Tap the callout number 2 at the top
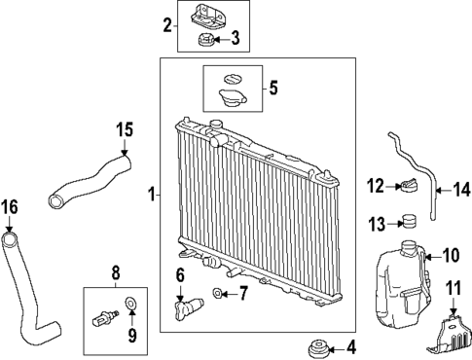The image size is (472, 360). (167, 24)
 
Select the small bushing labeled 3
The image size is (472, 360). (206, 40)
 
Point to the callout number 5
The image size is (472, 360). (272, 89)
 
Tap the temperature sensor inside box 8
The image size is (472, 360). (105, 315)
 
